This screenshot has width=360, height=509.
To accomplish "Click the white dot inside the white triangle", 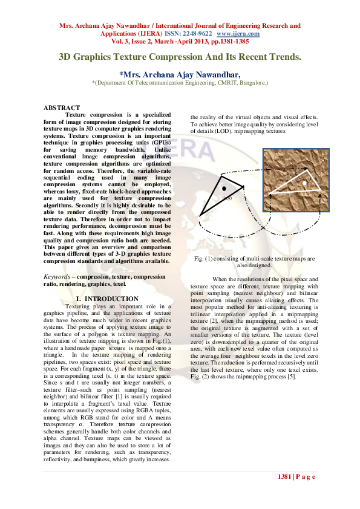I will click(305, 182).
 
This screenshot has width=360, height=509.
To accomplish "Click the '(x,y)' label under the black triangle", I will click(228, 197).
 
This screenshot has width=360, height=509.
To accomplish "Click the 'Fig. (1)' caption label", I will click(205, 258).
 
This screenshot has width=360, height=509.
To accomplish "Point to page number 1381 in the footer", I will click(285, 476).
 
